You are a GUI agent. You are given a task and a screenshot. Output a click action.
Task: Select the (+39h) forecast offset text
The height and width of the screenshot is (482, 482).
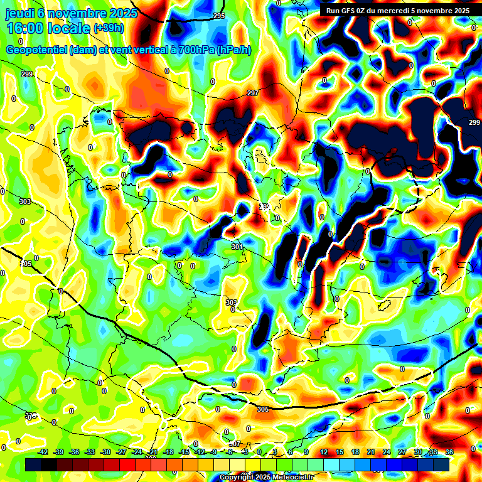109,28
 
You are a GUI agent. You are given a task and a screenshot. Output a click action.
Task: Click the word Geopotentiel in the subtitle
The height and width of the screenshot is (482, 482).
37,50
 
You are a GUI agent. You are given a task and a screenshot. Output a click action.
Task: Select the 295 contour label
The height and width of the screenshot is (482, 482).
218,16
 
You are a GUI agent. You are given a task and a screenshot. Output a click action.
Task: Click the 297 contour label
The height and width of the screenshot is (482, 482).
252,93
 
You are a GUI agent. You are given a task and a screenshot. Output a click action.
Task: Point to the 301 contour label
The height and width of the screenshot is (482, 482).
237,247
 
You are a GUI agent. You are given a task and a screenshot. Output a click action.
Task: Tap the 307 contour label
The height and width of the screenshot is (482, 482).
235,444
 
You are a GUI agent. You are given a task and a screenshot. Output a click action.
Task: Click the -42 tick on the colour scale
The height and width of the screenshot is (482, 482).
43,452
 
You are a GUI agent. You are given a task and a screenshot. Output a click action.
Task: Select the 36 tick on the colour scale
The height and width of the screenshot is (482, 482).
449,452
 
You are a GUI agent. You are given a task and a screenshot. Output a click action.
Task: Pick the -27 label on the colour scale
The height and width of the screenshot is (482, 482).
121,452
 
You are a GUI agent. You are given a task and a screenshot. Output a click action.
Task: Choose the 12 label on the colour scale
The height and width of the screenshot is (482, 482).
324,452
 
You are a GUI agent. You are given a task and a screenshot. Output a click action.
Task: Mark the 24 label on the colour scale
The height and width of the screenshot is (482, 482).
386,452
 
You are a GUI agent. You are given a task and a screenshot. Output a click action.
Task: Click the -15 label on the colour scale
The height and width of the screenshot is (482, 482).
184,452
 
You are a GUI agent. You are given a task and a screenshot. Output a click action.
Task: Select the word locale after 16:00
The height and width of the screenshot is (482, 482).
69,28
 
